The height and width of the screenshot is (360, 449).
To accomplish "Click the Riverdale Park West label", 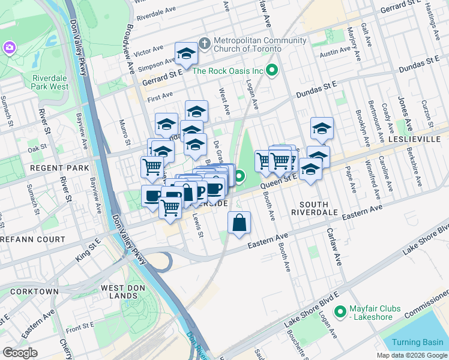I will click(50, 82).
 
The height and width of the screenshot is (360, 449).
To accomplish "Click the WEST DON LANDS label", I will click(121, 292).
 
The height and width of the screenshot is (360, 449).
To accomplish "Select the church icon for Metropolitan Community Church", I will click(204, 44).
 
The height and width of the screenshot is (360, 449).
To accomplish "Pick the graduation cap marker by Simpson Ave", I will click(186, 54).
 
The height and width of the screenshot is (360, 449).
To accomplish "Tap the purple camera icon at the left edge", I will click(9, 47).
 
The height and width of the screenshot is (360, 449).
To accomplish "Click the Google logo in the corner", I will click(20, 353).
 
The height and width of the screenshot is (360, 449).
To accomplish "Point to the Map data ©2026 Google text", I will click(412, 355).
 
